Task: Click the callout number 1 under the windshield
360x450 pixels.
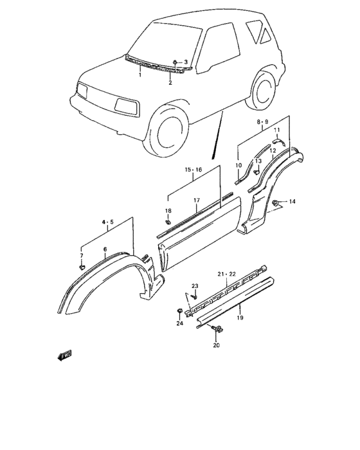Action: (x=139, y=75)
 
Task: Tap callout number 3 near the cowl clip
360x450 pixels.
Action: (x=186, y=62)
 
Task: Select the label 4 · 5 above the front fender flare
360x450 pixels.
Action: (x=107, y=222)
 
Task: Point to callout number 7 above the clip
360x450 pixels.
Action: (x=82, y=255)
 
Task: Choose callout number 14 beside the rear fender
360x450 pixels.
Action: (x=292, y=202)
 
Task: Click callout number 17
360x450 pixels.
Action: (x=197, y=200)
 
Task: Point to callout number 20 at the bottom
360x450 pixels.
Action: (x=216, y=345)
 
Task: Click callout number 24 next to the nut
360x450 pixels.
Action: (x=179, y=323)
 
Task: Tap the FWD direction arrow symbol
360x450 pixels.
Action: (x=65, y=354)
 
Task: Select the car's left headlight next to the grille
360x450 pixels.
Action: (x=126, y=105)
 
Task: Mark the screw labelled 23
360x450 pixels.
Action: (x=195, y=296)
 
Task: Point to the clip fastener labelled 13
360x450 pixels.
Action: (x=256, y=172)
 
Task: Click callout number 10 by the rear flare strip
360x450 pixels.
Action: (x=237, y=165)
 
